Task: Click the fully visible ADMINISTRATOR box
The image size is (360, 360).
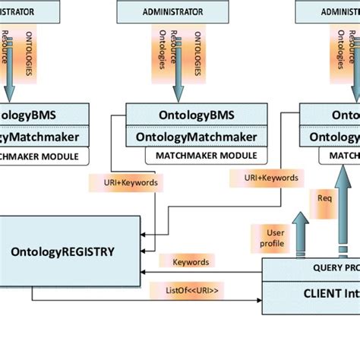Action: pos(173,11)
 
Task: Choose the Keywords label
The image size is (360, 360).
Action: pos(190,261)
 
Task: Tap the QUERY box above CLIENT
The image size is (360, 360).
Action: pos(311,267)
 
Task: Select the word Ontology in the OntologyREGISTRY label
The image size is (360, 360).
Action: pos(38,250)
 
